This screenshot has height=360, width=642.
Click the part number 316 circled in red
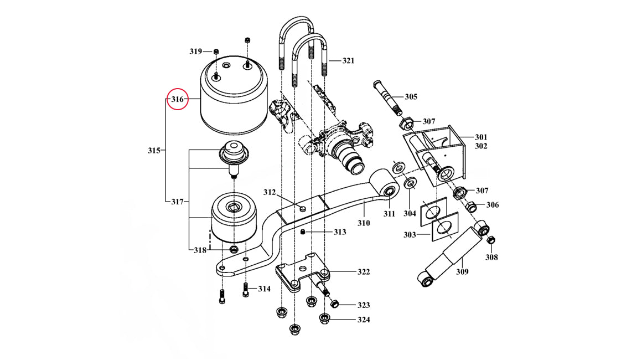(177, 100)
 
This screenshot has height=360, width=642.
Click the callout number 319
(195, 52)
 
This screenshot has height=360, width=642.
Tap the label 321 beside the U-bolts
(348, 61)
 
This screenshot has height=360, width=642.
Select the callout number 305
(411, 97)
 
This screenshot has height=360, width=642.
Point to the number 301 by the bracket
(481, 137)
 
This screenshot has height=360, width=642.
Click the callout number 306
(493, 205)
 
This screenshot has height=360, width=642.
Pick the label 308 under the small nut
(491, 257)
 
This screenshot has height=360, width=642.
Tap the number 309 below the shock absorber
(463, 271)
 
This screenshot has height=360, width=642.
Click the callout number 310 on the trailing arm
(363, 223)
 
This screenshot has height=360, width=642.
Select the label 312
(270, 193)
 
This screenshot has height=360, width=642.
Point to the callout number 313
(339, 232)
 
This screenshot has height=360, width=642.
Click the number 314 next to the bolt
(264, 289)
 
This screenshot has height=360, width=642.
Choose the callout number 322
(364, 272)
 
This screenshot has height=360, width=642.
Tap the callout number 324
(364, 320)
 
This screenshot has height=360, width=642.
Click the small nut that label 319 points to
(216, 52)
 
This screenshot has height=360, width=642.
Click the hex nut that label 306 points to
(472, 207)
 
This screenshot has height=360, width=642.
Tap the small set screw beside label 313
(304, 232)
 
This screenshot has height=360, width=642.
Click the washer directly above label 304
(410, 183)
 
